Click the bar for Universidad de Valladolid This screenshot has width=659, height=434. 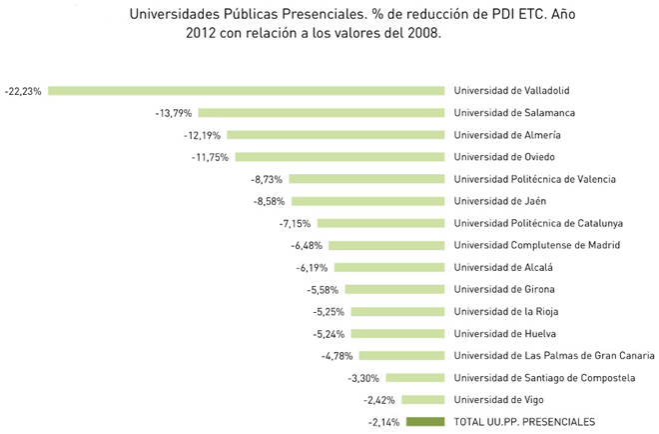tap(246, 91)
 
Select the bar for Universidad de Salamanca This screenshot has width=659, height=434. tap(321, 113)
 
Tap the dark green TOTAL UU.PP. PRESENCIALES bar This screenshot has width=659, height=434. tap(425, 421)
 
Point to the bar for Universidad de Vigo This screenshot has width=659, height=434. tap(422, 399)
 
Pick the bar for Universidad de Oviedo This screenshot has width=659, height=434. tap(339, 157)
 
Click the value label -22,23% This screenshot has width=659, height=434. tap(23, 91)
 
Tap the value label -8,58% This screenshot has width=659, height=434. tap(269, 201)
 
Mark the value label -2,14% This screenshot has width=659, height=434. tap(383, 421)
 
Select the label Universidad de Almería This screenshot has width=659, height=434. tap(507, 135)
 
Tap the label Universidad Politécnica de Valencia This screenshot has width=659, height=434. tap(534, 179)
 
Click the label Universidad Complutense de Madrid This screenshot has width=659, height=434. tap(537, 245)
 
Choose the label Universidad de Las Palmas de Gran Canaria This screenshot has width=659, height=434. tap(554, 355)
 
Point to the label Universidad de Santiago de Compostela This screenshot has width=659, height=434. tap(544, 377)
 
